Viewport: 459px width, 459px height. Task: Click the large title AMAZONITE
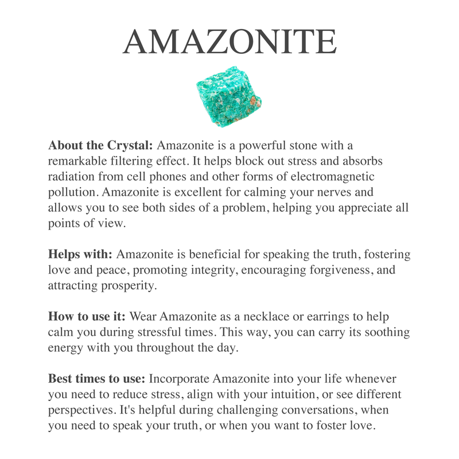pos(229,41)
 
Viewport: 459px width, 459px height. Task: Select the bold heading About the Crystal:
pos(100,145)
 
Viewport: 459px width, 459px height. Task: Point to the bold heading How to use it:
pos(87,317)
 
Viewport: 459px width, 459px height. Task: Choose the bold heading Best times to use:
pos(97,379)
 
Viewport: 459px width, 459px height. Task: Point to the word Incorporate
pos(179,379)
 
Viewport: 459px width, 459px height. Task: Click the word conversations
pos(330,410)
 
